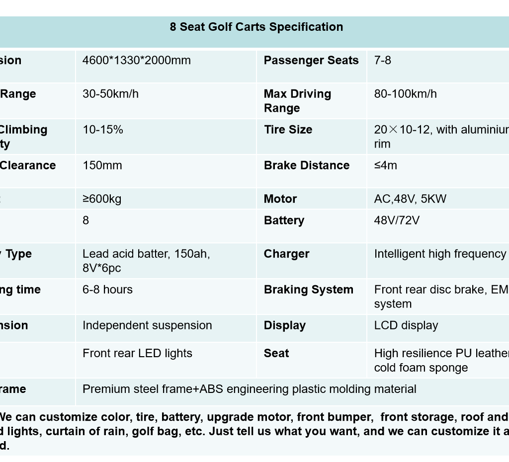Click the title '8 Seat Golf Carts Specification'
point(256,27)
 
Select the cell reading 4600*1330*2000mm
point(136,61)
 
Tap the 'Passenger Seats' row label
point(311,61)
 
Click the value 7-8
point(382,61)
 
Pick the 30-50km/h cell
point(110,94)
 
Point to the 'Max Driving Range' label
point(297,101)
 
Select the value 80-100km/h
point(405,94)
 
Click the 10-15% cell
point(102,130)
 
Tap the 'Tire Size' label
point(288,130)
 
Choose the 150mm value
point(102,166)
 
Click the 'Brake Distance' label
point(306,166)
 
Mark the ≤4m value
point(385,166)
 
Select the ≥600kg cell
point(101,199)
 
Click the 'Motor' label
point(280,199)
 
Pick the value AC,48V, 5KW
point(410,199)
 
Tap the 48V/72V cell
point(396,221)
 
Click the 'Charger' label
point(286,254)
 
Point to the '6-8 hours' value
point(107,290)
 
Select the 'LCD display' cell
point(406,326)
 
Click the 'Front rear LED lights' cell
point(137,354)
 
